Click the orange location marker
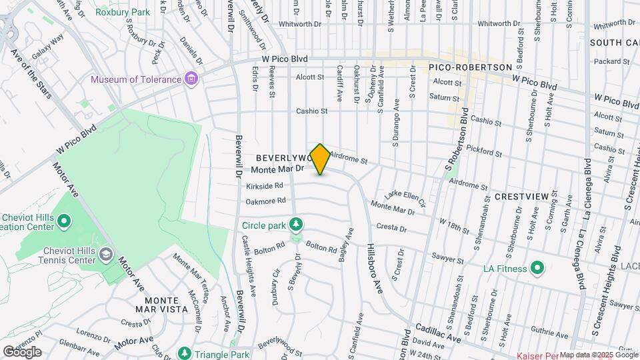coord(321,159)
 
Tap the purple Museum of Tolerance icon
coord(191,80)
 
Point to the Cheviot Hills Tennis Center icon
coord(106,255)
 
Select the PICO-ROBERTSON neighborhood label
coord(471,67)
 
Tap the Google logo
coord(22,352)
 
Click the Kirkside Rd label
coord(265,186)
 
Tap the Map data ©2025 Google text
coord(599,355)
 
